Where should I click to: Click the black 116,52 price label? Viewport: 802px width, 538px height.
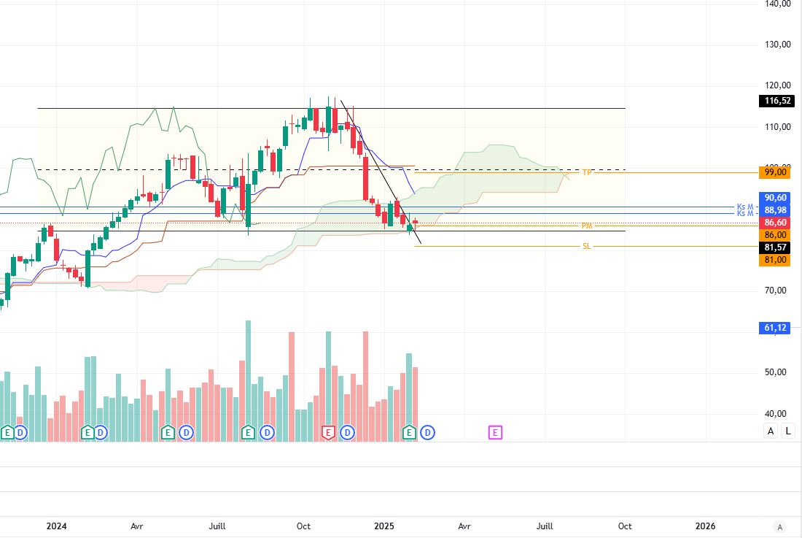776,101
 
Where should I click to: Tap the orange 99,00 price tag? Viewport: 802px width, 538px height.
776,172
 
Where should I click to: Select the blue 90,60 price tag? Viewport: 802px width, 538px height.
776,197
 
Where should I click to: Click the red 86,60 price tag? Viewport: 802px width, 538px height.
776,222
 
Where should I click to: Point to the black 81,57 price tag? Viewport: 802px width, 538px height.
776,247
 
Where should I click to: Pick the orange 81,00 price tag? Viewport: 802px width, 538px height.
776,260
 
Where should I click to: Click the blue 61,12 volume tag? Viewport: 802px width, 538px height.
776,328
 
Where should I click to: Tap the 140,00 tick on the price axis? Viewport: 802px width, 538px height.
776,4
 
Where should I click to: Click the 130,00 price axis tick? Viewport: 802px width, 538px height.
776,45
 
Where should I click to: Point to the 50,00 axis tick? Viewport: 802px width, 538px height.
776,372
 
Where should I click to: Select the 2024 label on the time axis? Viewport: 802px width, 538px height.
56,526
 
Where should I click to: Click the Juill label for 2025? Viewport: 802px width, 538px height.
545,526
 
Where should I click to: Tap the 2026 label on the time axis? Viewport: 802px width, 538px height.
705,526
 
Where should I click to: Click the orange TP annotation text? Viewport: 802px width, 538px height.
586,172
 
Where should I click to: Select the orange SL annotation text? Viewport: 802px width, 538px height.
586,247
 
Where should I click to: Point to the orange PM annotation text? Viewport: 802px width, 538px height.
586,226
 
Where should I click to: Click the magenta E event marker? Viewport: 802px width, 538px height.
495,433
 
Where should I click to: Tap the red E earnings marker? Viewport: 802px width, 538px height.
328,433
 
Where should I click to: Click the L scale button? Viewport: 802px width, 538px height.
788,431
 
